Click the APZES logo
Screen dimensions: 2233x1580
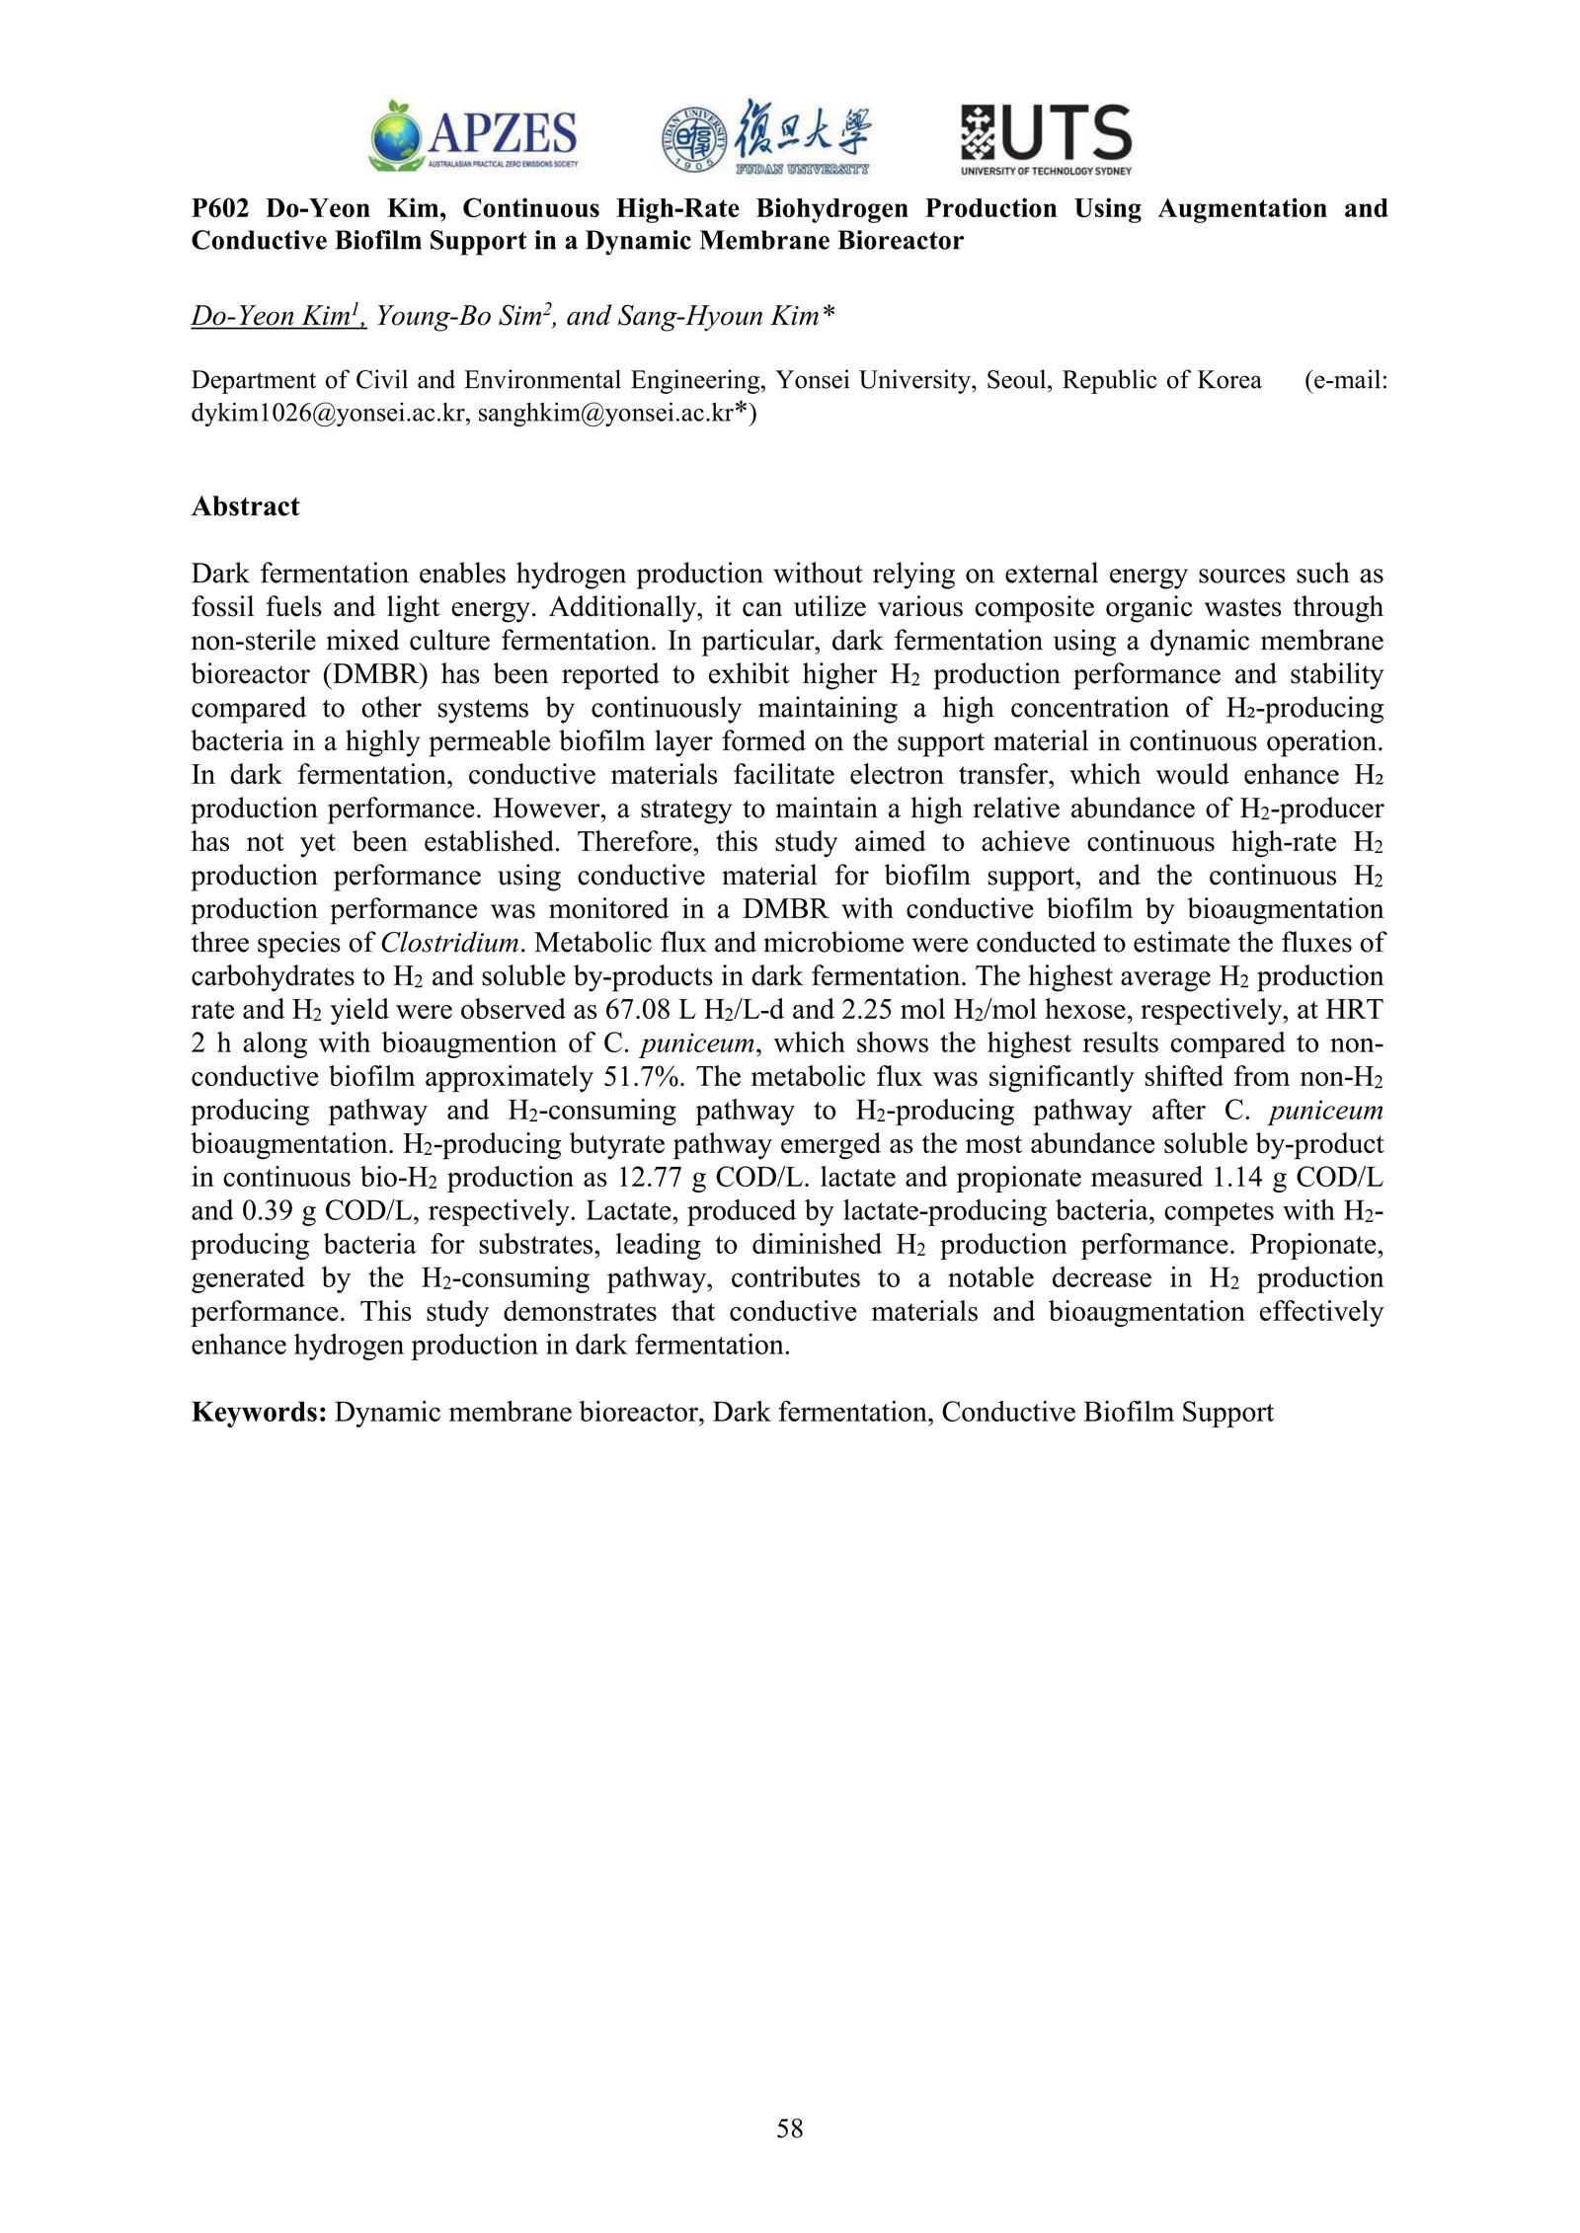coord(473,136)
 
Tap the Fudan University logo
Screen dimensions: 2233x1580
coord(766,137)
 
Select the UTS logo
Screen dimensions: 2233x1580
coord(1046,138)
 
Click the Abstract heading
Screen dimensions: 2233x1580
coord(245,506)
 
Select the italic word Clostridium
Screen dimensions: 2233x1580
coord(449,943)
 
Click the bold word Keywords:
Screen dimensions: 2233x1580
coord(259,1413)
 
